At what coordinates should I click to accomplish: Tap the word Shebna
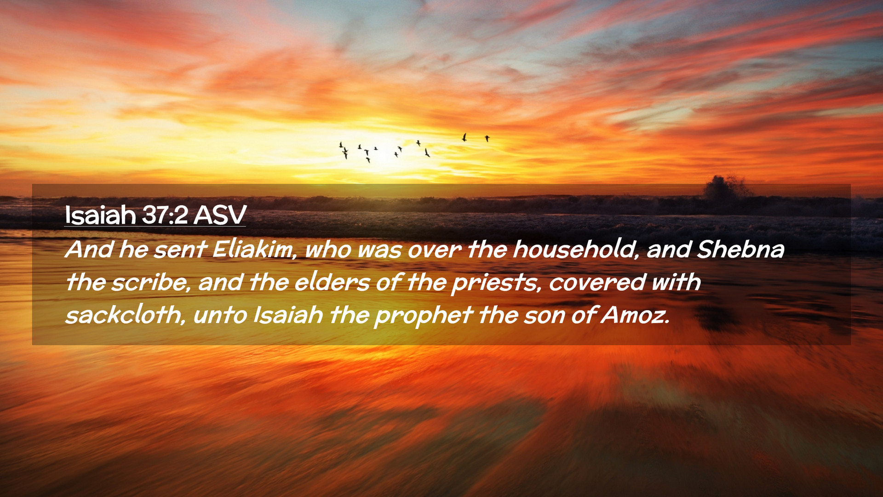[x=740, y=249]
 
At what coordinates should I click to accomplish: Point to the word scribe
[x=151, y=282]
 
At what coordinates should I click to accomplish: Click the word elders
[x=332, y=282]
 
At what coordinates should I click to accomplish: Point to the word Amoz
[x=635, y=315]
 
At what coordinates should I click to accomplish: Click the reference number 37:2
[x=165, y=215]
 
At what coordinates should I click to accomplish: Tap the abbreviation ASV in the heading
[x=220, y=215]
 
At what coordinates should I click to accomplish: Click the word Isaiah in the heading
[x=100, y=215]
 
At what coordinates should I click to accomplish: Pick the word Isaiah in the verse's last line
[x=288, y=315]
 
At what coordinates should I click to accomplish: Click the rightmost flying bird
[x=487, y=138]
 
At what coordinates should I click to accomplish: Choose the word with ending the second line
[x=676, y=282]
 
